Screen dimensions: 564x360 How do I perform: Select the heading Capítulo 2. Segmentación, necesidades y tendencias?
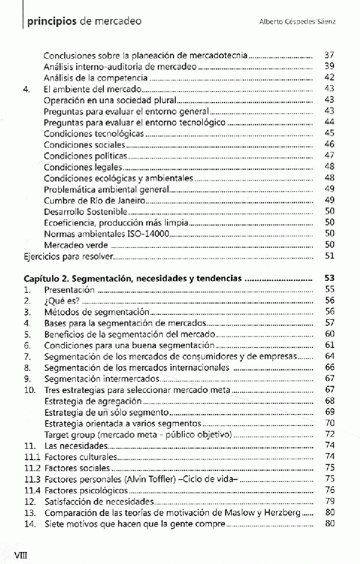[x=133, y=278]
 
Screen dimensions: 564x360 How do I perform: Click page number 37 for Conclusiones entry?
[x=328, y=55]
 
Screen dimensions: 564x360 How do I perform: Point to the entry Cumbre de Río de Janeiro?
[x=94, y=200]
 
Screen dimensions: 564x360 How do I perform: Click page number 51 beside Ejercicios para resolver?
[x=328, y=256]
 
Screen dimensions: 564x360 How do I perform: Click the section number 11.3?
[x=32, y=479]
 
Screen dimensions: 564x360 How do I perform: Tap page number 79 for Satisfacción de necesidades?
[x=328, y=501]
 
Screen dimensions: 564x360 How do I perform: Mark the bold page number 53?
[x=328, y=278]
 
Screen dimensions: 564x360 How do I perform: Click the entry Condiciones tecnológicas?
[x=94, y=133]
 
